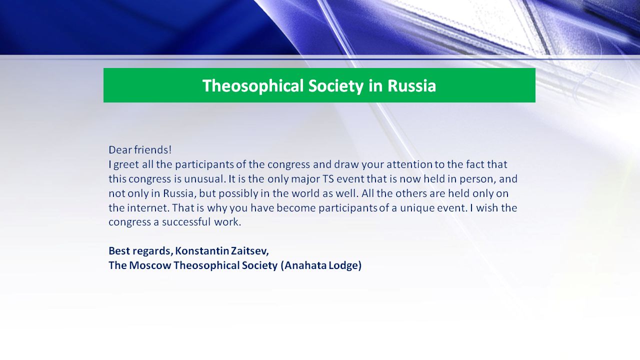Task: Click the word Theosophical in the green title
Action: coord(253,85)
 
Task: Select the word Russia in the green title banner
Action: coord(411,85)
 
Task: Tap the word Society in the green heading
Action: coord(336,85)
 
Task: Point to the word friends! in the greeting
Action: coord(153,149)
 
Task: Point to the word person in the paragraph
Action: coord(477,179)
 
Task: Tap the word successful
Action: coord(186,222)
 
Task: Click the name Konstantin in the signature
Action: coord(202,251)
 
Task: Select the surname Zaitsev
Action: coord(249,251)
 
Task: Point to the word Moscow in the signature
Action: coord(150,265)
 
